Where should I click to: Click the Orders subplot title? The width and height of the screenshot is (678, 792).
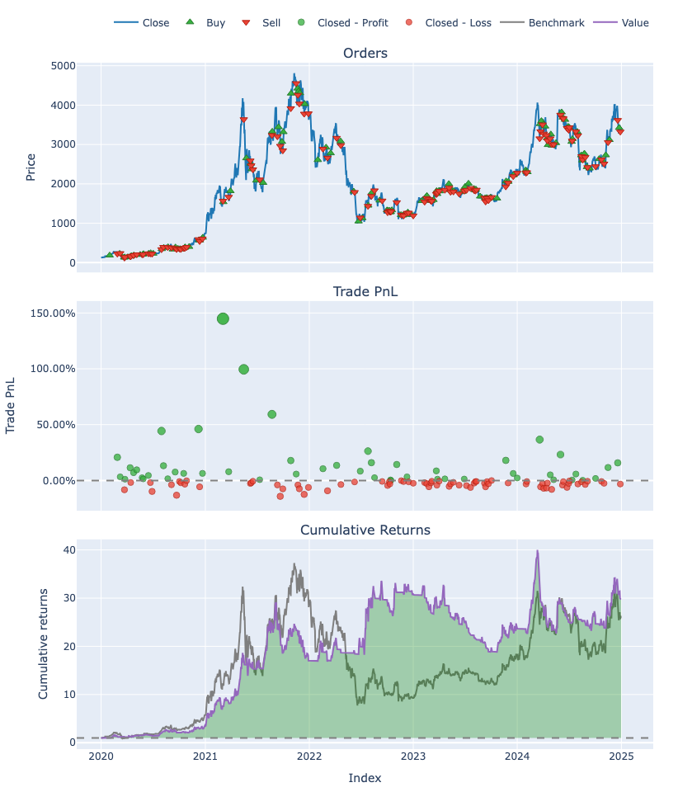click(x=365, y=54)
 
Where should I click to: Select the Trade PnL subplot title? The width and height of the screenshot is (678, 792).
click(x=365, y=292)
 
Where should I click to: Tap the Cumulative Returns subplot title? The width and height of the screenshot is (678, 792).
click(x=365, y=530)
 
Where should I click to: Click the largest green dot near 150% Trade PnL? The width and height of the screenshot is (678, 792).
click(x=223, y=318)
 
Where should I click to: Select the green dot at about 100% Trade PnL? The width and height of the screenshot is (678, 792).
click(x=243, y=369)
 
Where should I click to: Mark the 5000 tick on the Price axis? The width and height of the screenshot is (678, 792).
click(x=64, y=66)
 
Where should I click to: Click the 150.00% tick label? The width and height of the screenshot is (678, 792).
click(x=52, y=313)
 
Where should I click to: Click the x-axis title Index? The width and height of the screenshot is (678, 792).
click(x=365, y=778)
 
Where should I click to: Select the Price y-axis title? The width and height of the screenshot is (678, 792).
click(x=31, y=167)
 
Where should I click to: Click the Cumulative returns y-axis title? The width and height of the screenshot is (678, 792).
click(x=44, y=643)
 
